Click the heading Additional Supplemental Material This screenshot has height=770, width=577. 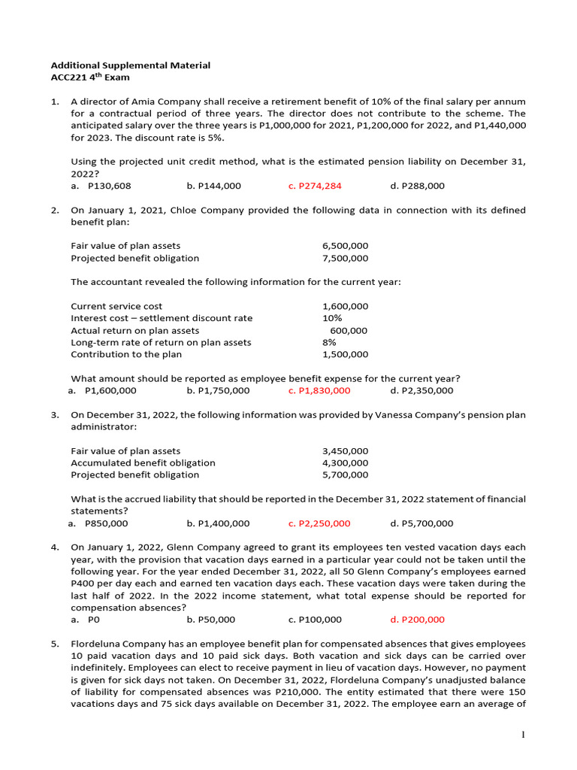click(x=130, y=65)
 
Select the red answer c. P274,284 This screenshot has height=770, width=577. click(x=315, y=186)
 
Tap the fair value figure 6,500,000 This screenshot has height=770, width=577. click(x=345, y=246)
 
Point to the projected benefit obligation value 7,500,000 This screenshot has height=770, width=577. click(x=345, y=258)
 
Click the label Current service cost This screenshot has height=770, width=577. click(x=116, y=306)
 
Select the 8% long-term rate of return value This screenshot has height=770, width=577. click(x=329, y=342)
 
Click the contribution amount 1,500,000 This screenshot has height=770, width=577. click(x=345, y=354)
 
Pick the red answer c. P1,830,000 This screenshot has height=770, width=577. click(x=319, y=390)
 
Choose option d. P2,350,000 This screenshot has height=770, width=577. click(x=421, y=390)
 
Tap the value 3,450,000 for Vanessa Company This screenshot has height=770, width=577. click(x=345, y=451)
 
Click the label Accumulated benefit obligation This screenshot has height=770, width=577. click(x=143, y=463)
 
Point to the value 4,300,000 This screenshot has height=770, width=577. click(x=345, y=463)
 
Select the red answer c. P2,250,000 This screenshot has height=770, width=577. click(x=319, y=523)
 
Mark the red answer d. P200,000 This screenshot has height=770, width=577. click(x=417, y=620)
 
